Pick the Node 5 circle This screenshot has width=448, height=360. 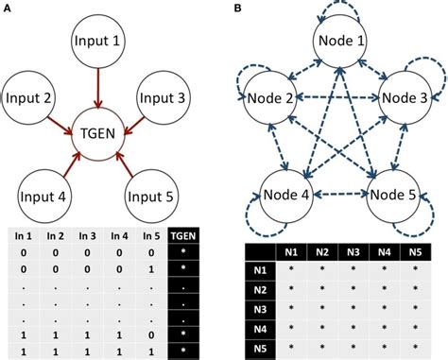pos(395,196)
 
